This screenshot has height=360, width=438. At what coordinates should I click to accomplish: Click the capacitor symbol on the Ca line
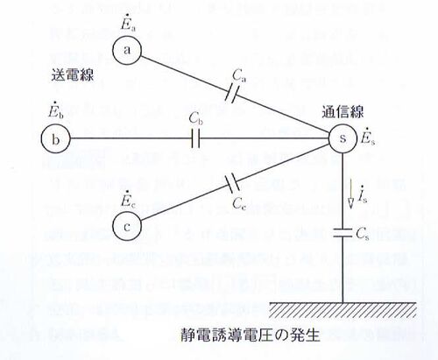pos(231,93)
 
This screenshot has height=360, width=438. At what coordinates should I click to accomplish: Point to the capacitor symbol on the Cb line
pos(195,138)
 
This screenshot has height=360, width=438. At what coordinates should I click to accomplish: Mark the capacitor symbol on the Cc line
pos(232,183)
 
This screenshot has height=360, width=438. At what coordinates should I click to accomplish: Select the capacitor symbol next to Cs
pos(343,232)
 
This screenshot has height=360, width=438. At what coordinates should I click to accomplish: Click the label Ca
pos(239,75)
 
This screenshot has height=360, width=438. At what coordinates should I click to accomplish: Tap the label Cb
pos(196,118)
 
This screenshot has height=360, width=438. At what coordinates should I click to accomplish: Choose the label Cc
pos(239,203)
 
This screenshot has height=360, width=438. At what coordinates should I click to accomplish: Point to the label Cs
pos(363,233)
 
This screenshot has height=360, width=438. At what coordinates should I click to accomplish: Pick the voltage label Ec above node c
pos(127,199)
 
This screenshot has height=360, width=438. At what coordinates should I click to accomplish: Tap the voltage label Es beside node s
pos(368,138)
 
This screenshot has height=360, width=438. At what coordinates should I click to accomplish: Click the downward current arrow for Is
pos(350,194)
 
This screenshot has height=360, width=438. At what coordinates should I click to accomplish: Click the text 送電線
pos(73,74)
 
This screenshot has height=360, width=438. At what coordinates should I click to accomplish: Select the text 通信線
pos(343,112)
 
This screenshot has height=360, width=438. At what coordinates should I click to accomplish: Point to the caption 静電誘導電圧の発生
pos(250,335)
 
